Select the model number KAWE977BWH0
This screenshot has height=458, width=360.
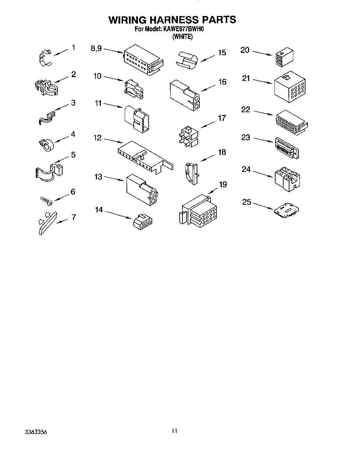[182, 30]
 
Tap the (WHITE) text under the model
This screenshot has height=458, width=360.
[182, 37]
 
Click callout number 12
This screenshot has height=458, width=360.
[97, 138]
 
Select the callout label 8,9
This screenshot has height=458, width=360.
[96, 49]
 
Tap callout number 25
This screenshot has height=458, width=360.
[246, 202]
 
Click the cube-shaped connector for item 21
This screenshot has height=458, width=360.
[290, 87]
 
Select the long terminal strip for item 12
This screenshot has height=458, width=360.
[144, 157]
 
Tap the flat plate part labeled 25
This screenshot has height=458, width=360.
[286, 211]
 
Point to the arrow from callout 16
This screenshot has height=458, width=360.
[208, 89]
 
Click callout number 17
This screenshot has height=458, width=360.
[222, 118]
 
